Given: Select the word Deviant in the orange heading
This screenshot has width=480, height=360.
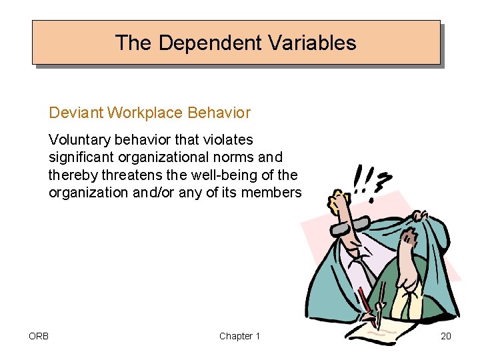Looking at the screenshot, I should point(76,113).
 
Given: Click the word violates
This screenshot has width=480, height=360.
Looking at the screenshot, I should point(230,140).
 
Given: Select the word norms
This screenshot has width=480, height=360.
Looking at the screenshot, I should point(234,157).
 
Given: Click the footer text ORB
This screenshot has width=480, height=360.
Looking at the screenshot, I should point(39,336).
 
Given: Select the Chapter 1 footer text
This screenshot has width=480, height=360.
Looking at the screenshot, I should point(239,336).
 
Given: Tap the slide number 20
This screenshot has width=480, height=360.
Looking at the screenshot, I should point(445,336).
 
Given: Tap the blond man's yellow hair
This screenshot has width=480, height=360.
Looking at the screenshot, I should point(339,198).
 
